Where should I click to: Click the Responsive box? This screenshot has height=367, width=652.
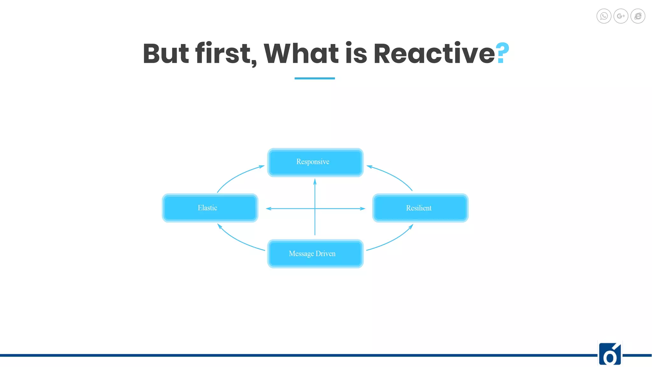[315, 162]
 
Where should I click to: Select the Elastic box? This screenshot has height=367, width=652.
[210, 208]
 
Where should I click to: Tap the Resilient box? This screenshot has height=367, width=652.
[420, 208]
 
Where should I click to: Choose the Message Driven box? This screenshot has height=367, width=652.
[315, 254]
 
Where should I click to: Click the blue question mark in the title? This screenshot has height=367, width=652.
[502, 53]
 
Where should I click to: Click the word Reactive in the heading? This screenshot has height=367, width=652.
[434, 54]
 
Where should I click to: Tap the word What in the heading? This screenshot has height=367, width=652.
[301, 54]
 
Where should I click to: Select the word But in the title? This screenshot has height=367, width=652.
[166, 54]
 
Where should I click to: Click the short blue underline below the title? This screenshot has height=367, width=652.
[315, 78]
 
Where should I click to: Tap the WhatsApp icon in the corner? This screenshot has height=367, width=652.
[604, 16]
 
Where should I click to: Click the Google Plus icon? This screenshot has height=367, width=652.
[620, 16]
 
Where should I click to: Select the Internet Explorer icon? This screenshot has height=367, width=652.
[638, 16]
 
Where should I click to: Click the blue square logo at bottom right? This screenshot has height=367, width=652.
[610, 354]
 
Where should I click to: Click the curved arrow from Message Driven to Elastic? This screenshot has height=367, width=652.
[237, 241]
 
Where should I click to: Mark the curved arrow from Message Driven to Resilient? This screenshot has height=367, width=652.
[393, 241]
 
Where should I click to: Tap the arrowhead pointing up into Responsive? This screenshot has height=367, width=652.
[315, 182]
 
